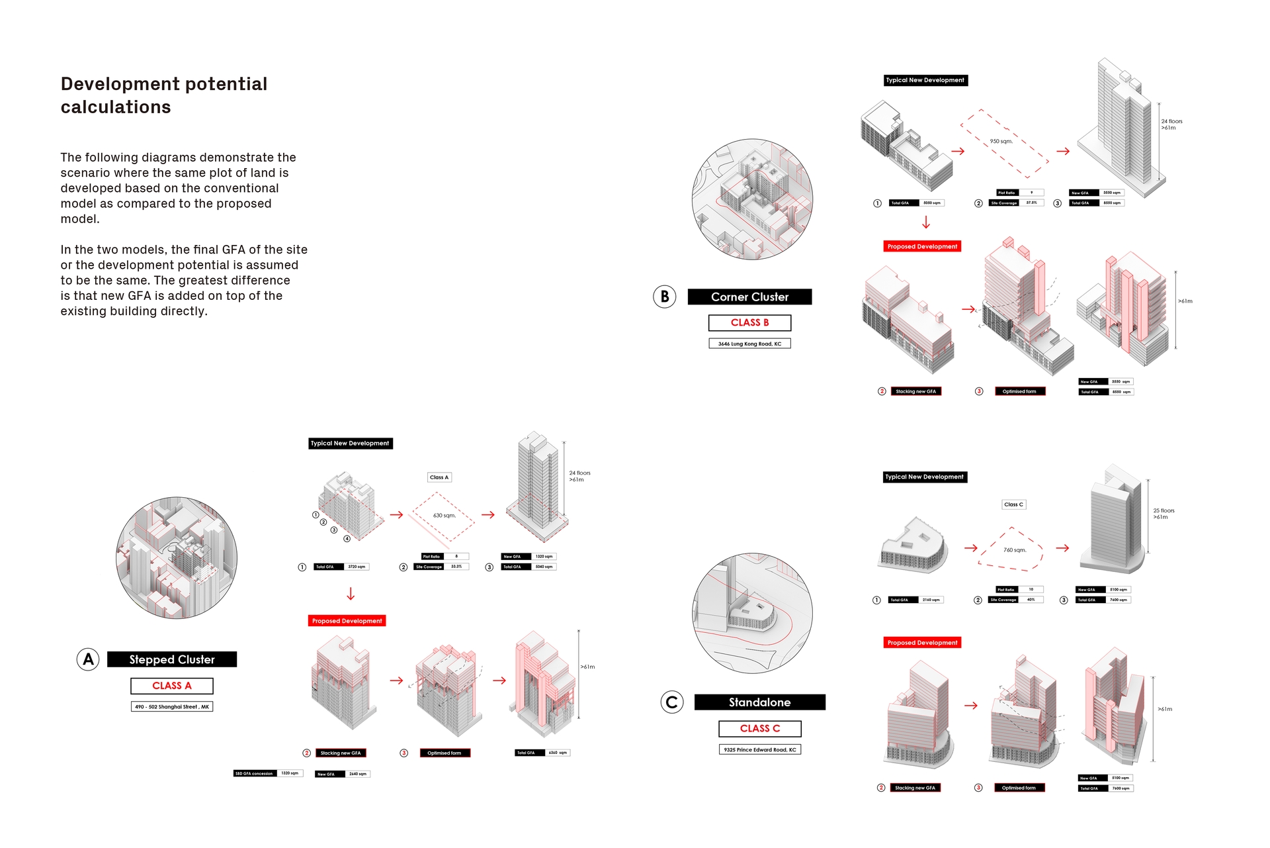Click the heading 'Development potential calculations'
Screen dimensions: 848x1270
coord(164,95)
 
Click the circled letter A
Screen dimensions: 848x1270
coord(88,659)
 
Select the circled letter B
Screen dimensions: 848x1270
coord(665,297)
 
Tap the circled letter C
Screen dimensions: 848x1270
coord(672,702)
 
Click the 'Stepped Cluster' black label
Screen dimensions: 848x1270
coord(172,659)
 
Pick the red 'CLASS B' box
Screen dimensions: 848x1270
coord(749,322)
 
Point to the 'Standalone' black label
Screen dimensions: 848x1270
coord(759,702)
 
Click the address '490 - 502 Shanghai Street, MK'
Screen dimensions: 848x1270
coord(172,707)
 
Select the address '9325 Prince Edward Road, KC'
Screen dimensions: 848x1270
coord(759,750)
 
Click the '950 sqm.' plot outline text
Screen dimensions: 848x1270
coord(1001,142)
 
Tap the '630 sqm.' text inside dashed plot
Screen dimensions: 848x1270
coord(444,516)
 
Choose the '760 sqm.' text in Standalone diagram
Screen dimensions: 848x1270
coord(1014,550)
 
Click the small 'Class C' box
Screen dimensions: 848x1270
coord(1013,504)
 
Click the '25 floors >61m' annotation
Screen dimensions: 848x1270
coord(1164,514)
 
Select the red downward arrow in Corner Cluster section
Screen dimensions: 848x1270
coord(926,223)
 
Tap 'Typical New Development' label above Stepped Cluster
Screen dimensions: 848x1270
coord(350,444)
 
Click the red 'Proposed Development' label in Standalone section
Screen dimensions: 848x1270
coord(922,643)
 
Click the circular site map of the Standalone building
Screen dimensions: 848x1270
coord(752,614)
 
